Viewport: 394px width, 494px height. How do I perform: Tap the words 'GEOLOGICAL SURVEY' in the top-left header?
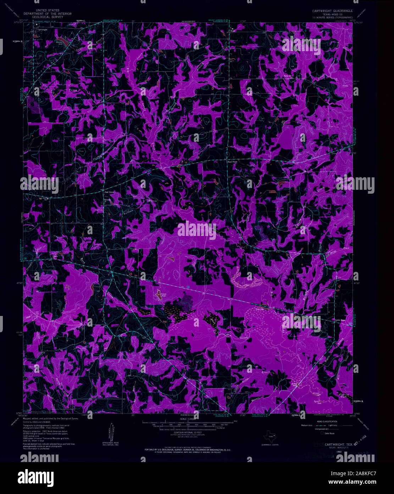(x=48, y=17)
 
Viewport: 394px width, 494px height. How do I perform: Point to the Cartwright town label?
(x=42, y=30)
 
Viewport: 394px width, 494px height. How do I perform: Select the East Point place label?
(x=232, y=161)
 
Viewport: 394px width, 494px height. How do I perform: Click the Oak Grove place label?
(x=109, y=192)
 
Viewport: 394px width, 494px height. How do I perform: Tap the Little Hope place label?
(x=340, y=320)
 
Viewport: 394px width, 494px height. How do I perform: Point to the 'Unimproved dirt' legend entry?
(x=309, y=429)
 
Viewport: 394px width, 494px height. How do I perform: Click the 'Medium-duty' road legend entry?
(x=308, y=425)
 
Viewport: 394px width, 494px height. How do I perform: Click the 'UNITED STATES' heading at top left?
(x=48, y=11)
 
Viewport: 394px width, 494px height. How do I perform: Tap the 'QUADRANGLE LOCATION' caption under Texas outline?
(x=270, y=445)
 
